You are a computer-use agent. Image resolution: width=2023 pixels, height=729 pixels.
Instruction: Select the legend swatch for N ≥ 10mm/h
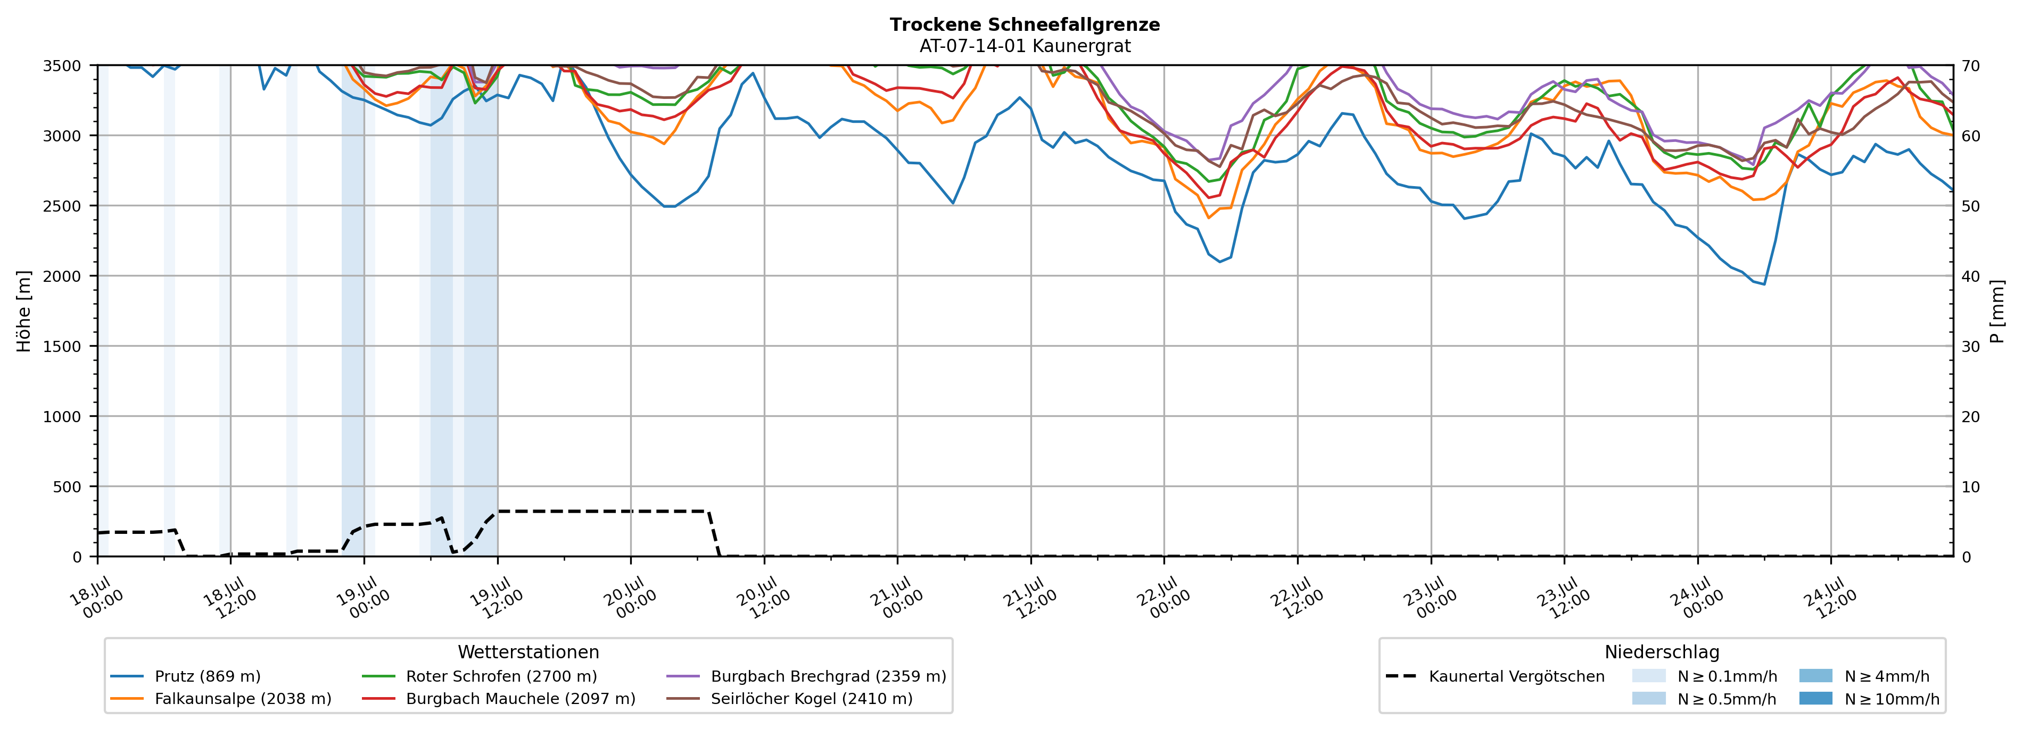pos(1815,698)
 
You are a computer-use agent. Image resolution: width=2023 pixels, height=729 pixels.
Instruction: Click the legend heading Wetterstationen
pos(529,652)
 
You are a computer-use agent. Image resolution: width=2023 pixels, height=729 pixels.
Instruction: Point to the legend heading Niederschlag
pos(1662,652)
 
